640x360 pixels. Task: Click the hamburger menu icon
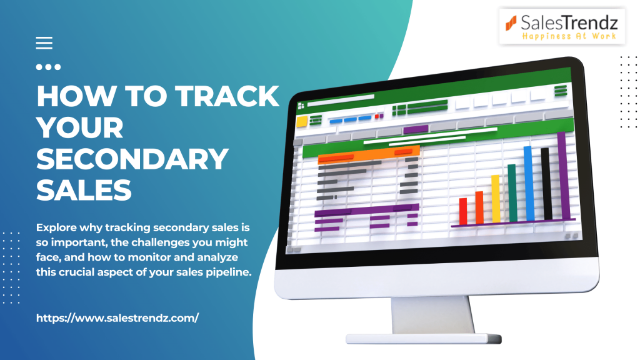coord(44,43)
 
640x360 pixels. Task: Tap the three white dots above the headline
coord(48,67)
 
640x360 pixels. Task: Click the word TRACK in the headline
coord(227,96)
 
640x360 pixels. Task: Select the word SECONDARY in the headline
coord(132,159)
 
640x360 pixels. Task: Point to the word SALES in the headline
coord(84,190)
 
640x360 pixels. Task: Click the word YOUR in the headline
coord(80,127)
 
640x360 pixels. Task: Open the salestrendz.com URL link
coord(117,318)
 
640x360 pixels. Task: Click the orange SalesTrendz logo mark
coord(511,23)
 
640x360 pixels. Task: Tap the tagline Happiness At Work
coord(569,36)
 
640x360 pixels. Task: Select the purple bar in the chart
coord(564,176)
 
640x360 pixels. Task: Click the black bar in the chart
coord(546,184)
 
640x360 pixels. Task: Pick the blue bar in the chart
coord(529,184)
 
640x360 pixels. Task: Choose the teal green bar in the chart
coord(512,193)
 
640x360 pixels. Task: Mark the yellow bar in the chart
coord(496,199)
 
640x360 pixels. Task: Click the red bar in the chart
coord(463,211)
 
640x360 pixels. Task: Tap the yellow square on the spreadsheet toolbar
coord(302,122)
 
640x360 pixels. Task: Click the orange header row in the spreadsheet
coord(369,154)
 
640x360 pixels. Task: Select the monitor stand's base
coord(424,339)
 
